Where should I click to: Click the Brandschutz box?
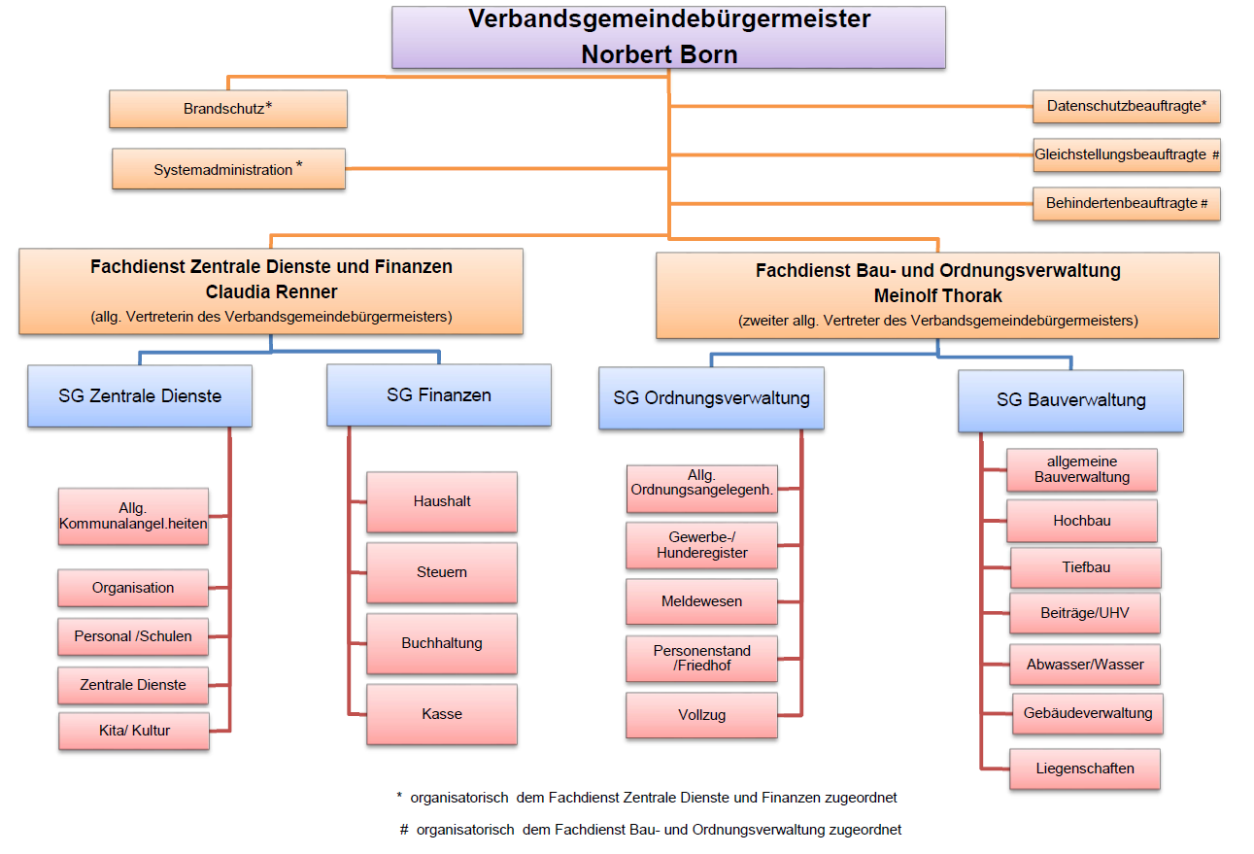[x=227, y=109]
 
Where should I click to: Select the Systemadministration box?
[x=228, y=169]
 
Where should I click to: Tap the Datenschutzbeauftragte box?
[x=1126, y=106]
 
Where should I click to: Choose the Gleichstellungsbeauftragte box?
[x=1126, y=154]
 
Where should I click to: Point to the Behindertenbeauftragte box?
[x=1126, y=204]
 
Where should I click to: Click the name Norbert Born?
[x=660, y=54]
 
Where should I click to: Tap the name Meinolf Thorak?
[x=937, y=294]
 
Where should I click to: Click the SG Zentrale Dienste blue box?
[x=140, y=395]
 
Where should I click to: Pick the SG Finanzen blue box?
[x=439, y=394]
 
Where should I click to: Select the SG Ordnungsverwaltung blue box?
[x=711, y=397]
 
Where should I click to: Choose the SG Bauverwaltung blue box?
[x=1070, y=400]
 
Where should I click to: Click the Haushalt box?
[x=442, y=501]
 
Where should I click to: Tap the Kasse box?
[x=442, y=714]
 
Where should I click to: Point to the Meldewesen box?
[x=701, y=601]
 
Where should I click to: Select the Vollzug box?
[x=701, y=715]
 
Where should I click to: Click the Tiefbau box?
[x=1085, y=567]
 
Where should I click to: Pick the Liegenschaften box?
[x=1084, y=769]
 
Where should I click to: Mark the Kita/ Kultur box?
[x=134, y=731]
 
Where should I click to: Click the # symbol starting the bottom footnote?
[x=403, y=830]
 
